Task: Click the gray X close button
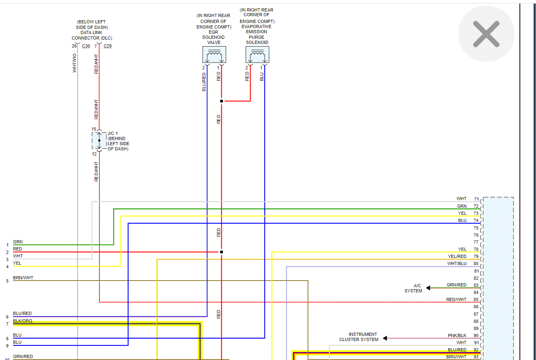click(486, 34)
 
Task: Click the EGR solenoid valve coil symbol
click(214, 55)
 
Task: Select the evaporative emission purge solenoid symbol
click(257, 55)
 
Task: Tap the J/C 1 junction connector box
click(99, 140)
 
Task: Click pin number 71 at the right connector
click(477, 199)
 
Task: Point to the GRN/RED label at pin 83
click(456, 285)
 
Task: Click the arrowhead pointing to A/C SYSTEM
click(428, 288)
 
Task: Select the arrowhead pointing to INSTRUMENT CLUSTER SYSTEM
click(385, 338)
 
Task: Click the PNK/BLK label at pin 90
click(457, 335)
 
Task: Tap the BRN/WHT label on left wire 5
click(23, 278)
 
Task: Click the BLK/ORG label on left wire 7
click(23, 321)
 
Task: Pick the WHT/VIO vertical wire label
click(74, 63)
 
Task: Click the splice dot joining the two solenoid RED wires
click(221, 101)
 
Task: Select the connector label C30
click(86, 46)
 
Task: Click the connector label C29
click(107, 46)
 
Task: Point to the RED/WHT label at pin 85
click(456, 299)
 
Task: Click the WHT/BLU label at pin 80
click(457, 263)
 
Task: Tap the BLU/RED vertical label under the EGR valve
click(204, 82)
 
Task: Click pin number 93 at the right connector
click(476, 357)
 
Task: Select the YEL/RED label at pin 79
click(457, 256)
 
